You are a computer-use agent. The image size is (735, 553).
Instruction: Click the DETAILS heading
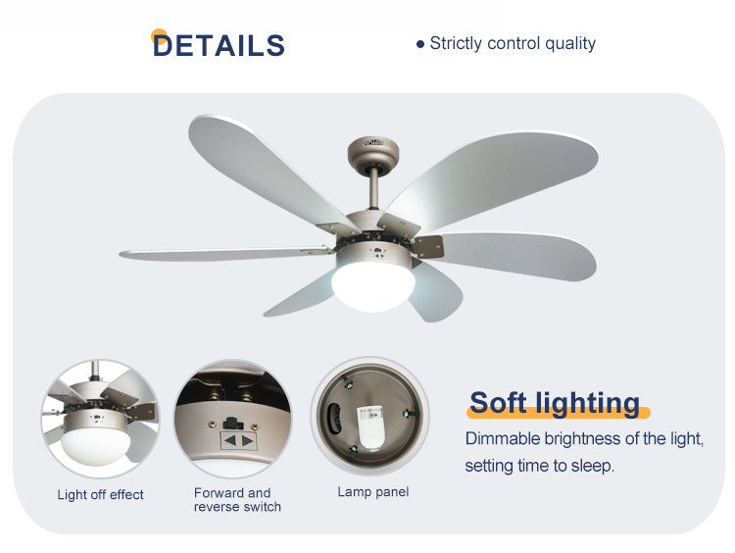point(219,45)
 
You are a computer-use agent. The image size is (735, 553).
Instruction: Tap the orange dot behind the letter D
point(159,36)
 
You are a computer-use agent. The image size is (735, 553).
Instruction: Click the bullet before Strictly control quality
point(420,44)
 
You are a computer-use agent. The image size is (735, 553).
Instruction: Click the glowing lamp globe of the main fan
point(373,286)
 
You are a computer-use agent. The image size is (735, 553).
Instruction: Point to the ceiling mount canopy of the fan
point(373,151)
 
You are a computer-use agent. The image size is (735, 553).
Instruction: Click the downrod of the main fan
point(374,187)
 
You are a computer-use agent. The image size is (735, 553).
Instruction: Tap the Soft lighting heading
point(555,402)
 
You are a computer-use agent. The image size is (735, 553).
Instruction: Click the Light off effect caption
point(100,494)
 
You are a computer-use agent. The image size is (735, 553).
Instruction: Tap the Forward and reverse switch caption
point(237,499)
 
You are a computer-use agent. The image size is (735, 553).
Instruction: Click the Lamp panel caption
point(373,491)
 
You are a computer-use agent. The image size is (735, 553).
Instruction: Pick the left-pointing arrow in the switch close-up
point(229,440)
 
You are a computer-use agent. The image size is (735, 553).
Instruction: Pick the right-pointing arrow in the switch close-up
point(248,441)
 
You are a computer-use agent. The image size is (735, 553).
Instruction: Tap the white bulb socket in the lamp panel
point(369,427)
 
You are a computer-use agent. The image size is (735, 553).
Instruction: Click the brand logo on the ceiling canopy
point(373,141)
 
